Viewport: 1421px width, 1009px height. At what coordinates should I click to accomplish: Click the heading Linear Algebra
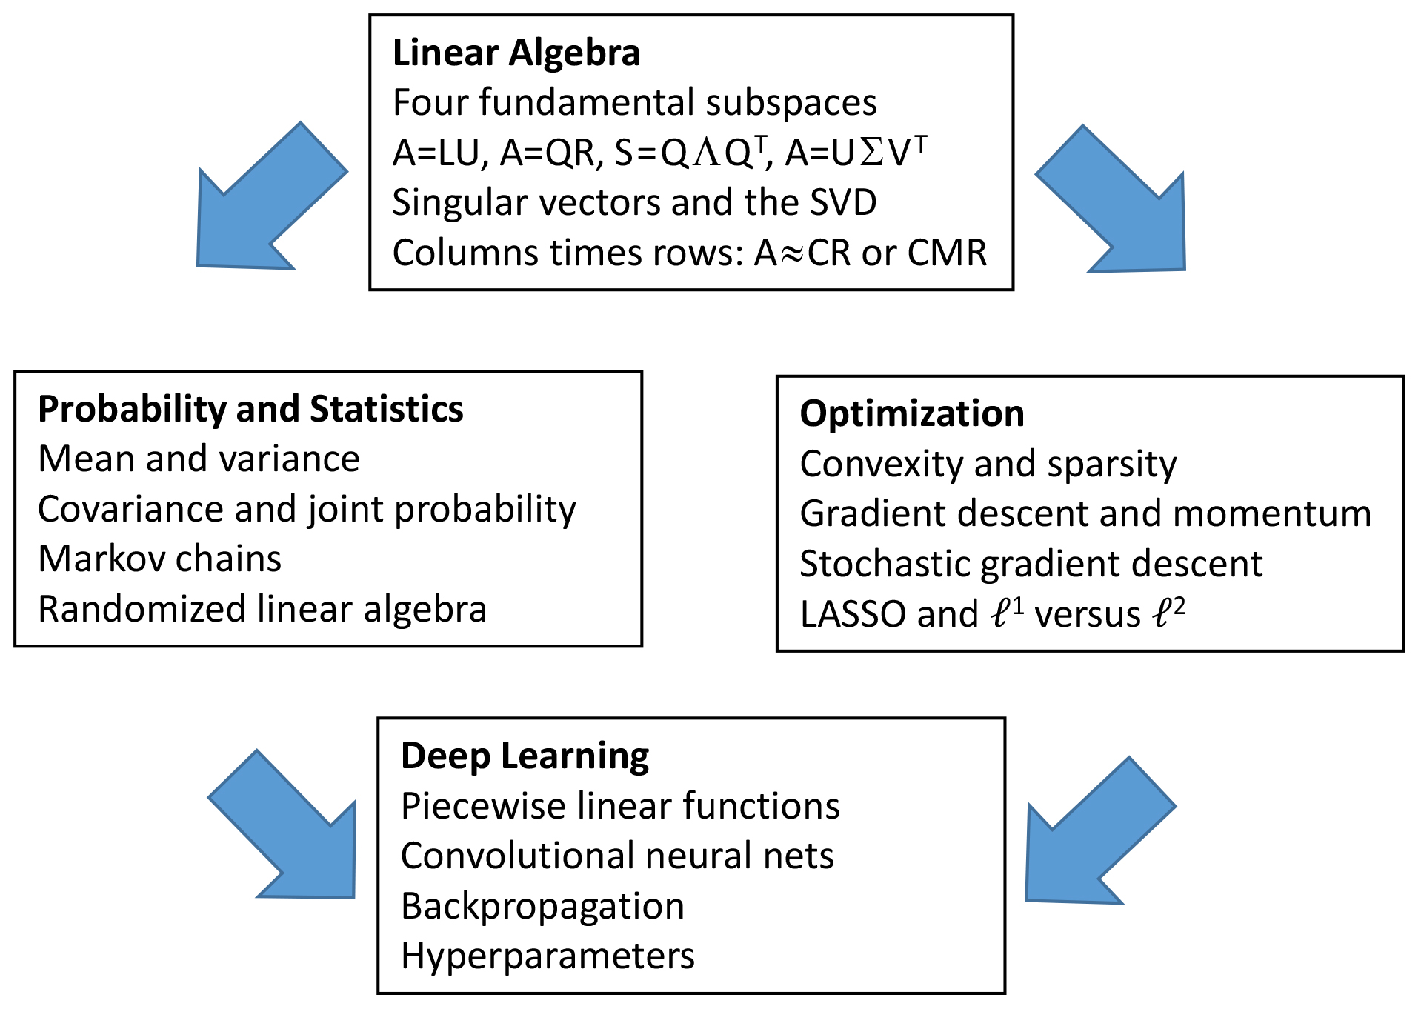(516, 53)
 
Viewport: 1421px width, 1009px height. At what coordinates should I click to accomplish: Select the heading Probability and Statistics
(250, 409)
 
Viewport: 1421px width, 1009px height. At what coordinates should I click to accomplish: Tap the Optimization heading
(911, 413)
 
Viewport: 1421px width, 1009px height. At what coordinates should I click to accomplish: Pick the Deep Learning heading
(525, 756)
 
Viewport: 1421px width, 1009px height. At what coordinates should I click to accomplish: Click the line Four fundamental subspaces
(634, 103)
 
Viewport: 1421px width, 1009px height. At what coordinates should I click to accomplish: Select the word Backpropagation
(542, 906)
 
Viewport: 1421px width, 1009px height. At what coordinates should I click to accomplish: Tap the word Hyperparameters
(548, 956)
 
